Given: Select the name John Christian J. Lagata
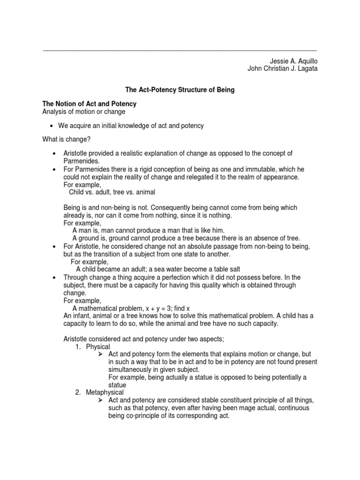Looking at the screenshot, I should click(282, 69).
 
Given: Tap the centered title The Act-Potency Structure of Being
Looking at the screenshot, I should click(179, 89).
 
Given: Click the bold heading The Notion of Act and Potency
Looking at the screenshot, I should click(89, 104).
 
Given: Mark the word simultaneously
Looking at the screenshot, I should click(130, 369).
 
